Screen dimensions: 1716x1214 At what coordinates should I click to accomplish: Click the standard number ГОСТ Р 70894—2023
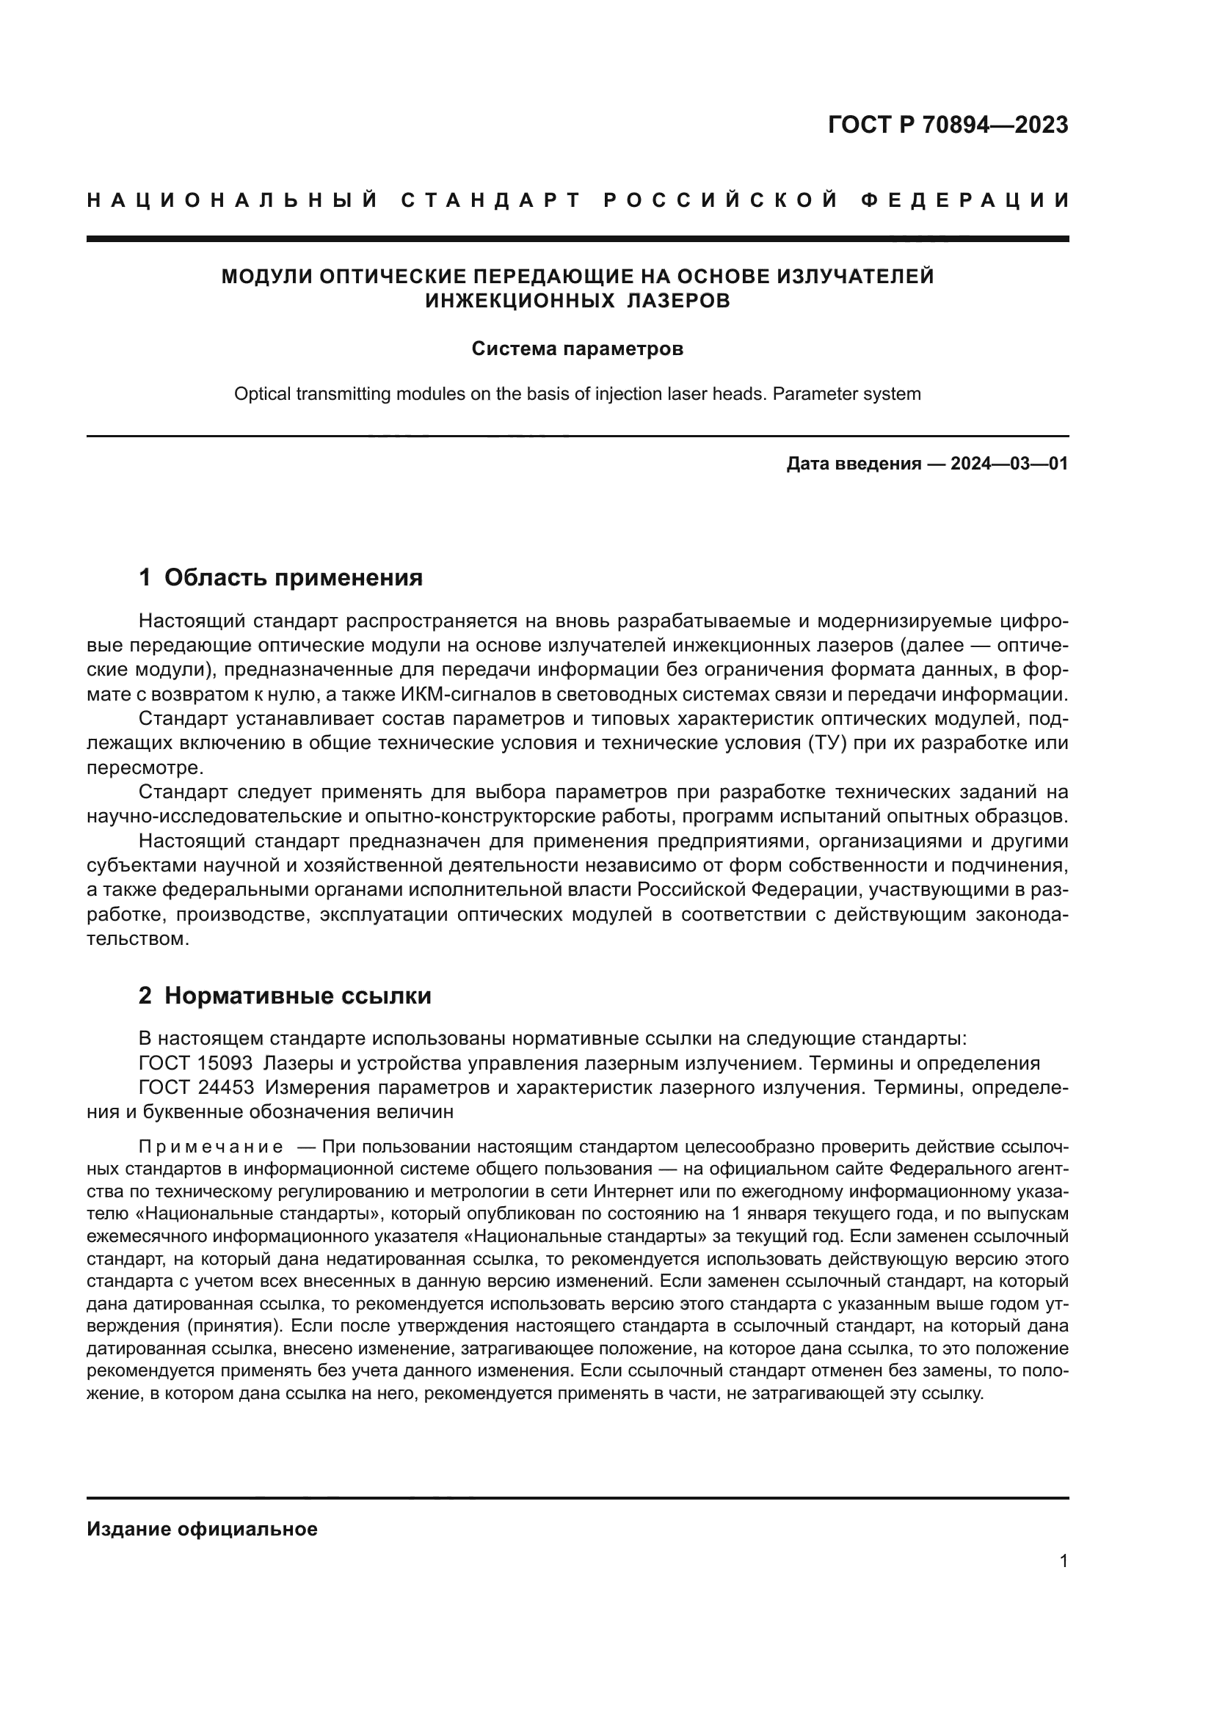(948, 125)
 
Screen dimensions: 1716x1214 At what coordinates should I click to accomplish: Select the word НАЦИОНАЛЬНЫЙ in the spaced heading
(233, 200)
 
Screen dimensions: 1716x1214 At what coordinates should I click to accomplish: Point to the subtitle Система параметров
(577, 349)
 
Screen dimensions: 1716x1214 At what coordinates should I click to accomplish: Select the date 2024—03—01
(1008, 464)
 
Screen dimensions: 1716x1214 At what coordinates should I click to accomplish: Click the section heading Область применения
(293, 577)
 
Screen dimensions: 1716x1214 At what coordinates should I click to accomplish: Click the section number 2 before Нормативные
(145, 996)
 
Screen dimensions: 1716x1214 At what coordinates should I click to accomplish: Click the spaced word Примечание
(211, 1147)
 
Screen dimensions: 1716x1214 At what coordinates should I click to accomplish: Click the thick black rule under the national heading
(577, 239)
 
